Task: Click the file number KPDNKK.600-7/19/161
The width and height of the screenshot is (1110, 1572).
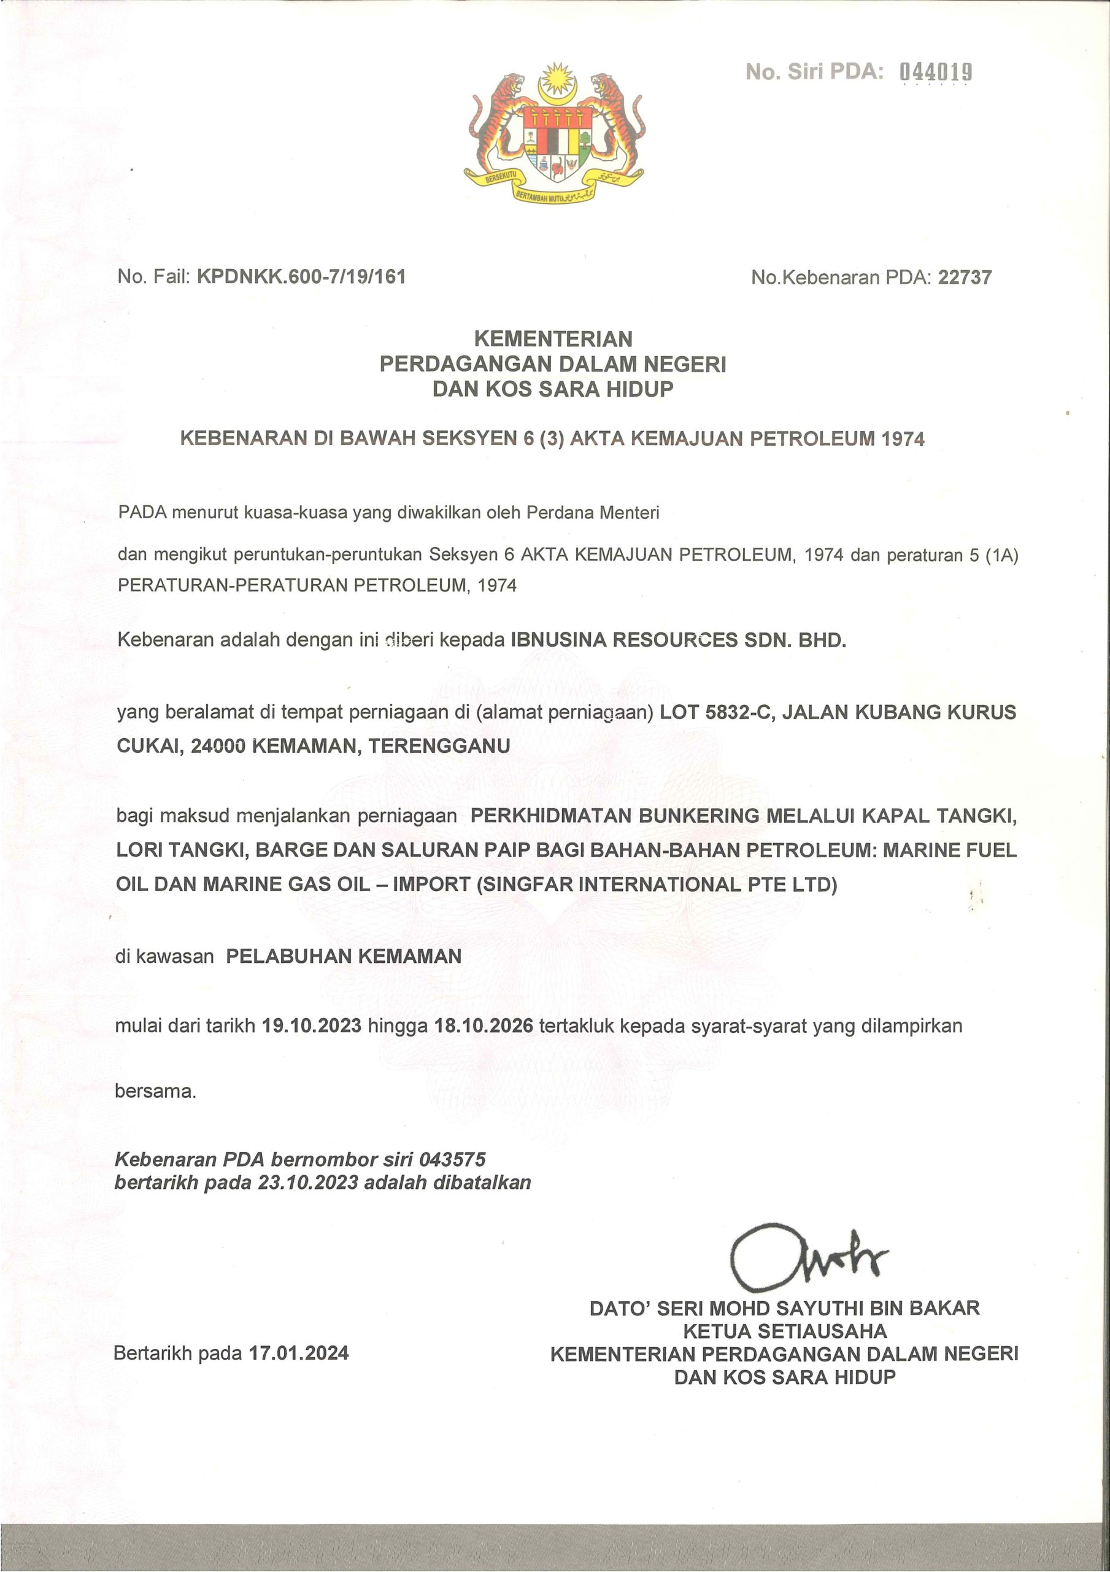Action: [301, 276]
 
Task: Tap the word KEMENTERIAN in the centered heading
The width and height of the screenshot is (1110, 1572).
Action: [553, 339]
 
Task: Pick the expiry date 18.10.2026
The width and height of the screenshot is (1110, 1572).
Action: [484, 1025]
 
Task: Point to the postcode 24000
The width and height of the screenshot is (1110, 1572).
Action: [218, 745]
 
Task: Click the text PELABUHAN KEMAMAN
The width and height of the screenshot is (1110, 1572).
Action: [344, 956]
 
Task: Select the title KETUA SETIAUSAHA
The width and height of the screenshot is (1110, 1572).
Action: [785, 1332]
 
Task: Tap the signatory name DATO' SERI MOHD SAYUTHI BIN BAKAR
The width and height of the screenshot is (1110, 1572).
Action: [784, 1308]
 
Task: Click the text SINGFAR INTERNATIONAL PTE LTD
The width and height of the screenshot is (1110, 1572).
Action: [657, 885]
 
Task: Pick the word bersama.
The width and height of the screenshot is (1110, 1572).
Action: [155, 1091]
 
